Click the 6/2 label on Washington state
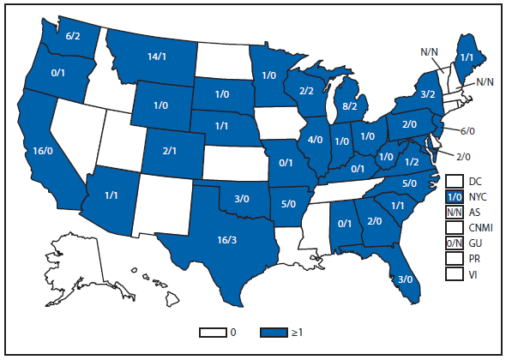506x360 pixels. click(x=74, y=37)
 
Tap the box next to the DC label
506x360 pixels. click(x=455, y=181)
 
